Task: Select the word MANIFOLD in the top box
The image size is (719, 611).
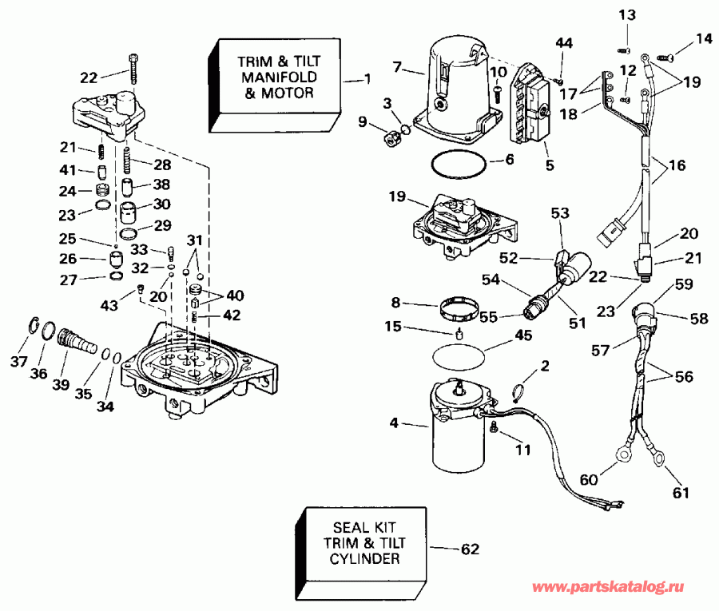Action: point(274,77)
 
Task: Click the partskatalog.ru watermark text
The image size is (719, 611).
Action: point(609,588)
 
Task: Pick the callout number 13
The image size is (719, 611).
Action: point(628,15)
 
